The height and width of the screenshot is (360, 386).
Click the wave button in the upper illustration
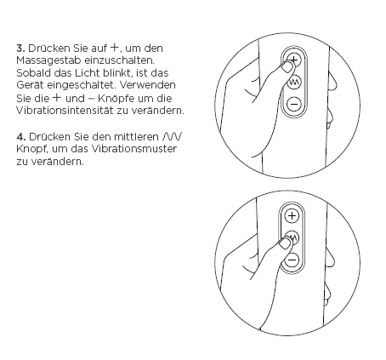(293, 83)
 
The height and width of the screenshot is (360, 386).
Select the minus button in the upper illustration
(293, 105)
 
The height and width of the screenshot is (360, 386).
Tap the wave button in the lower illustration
(292, 238)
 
